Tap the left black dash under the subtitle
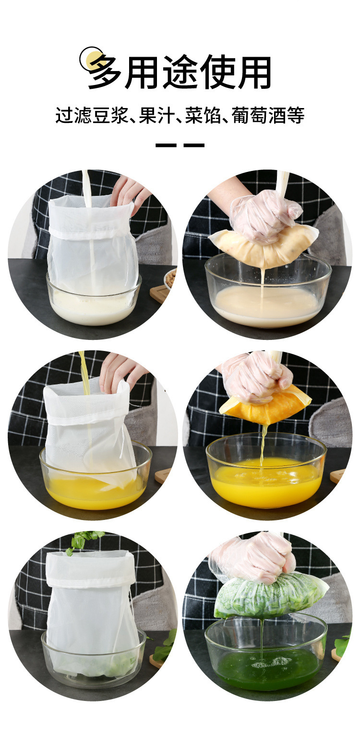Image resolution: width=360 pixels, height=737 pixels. click(x=166, y=145)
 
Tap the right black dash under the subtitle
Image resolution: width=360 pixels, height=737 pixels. click(x=194, y=145)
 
